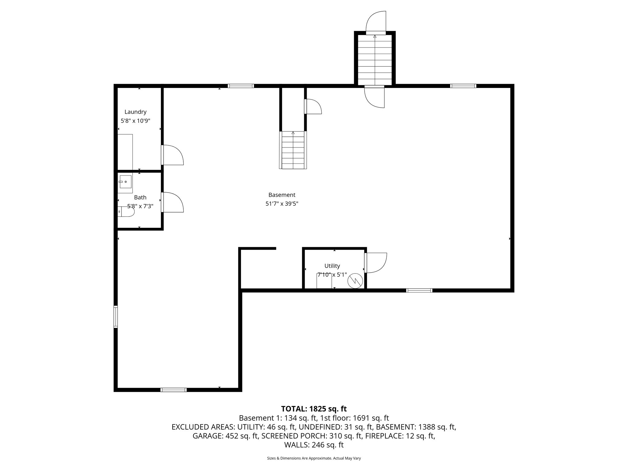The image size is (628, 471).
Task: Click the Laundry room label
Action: (135, 112)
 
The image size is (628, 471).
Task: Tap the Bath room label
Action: (140, 197)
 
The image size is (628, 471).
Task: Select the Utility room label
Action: (332, 266)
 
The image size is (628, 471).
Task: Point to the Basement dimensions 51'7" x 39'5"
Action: (282, 204)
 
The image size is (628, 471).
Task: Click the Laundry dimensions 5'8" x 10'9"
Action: (135, 121)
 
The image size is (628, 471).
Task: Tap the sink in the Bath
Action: (125, 182)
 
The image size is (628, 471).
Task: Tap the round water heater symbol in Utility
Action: (355, 281)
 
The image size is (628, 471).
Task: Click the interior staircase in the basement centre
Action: (293, 150)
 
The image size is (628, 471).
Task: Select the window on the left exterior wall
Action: (116, 317)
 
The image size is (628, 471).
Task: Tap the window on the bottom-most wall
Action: (174, 390)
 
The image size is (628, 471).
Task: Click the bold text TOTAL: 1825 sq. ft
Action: (314, 409)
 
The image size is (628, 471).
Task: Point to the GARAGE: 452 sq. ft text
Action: (225, 436)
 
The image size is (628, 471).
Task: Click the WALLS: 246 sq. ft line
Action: (314, 445)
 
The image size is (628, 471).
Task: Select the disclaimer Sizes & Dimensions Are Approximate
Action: (314, 458)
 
